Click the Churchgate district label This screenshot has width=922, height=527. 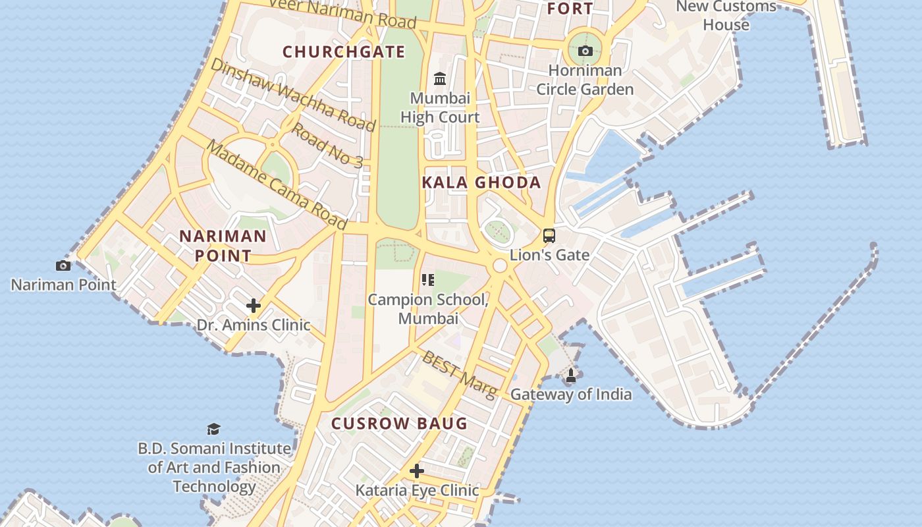point(343,51)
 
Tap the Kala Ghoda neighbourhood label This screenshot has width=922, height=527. point(481,182)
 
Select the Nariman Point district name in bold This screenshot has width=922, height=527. point(223,246)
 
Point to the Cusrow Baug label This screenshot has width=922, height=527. point(399,424)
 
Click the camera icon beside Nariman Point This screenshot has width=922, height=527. point(63,265)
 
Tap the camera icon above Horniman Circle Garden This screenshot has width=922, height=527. point(585,51)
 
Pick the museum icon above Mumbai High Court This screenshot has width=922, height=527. point(440,80)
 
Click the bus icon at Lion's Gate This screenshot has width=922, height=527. point(549,235)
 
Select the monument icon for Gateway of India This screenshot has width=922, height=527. point(571,375)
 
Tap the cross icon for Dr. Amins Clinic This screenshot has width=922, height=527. point(254,306)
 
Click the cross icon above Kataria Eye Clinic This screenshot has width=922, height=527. point(417,471)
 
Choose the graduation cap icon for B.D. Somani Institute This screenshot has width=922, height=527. point(213,430)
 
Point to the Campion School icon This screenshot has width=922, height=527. point(428,281)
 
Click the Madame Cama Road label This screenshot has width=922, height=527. point(277,185)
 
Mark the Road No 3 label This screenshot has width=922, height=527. point(327,144)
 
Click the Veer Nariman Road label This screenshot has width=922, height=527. point(343,13)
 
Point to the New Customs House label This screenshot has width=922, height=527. point(726,15)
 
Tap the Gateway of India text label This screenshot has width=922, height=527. point(571,395)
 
